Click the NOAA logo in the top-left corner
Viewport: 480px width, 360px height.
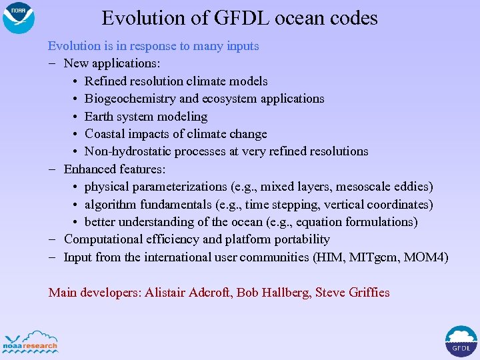click(x=18, y=18)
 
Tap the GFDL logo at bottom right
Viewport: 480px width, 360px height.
click(x=461, y=341)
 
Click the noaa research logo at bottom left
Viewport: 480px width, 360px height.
click(x=31, y=341)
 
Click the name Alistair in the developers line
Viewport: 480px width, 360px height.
click(x=167, y=293)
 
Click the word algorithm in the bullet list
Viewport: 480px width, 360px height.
click(x=111, y=204)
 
